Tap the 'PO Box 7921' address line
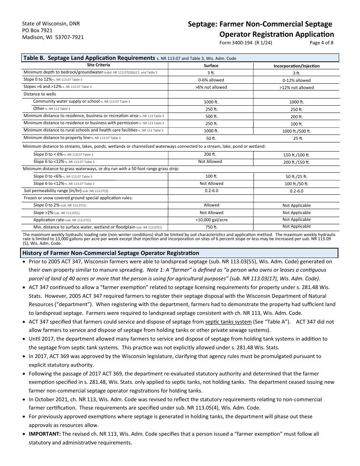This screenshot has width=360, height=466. (x=37, y=30)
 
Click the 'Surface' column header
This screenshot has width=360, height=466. (x=211, y=66)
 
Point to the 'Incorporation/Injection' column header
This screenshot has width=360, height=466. (x=296, y=66)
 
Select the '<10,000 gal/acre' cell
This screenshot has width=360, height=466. (x=211, y=220)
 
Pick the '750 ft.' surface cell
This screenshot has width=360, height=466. (x=211, y=227)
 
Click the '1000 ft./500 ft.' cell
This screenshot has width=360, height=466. (x=296, y=131)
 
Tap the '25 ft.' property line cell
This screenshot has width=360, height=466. (x=296, y=138)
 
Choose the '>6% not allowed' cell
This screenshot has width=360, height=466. (x=211, y=87)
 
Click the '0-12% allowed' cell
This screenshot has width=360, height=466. (x=296, y=80)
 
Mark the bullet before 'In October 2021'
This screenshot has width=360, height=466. (x=24, y=400)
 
